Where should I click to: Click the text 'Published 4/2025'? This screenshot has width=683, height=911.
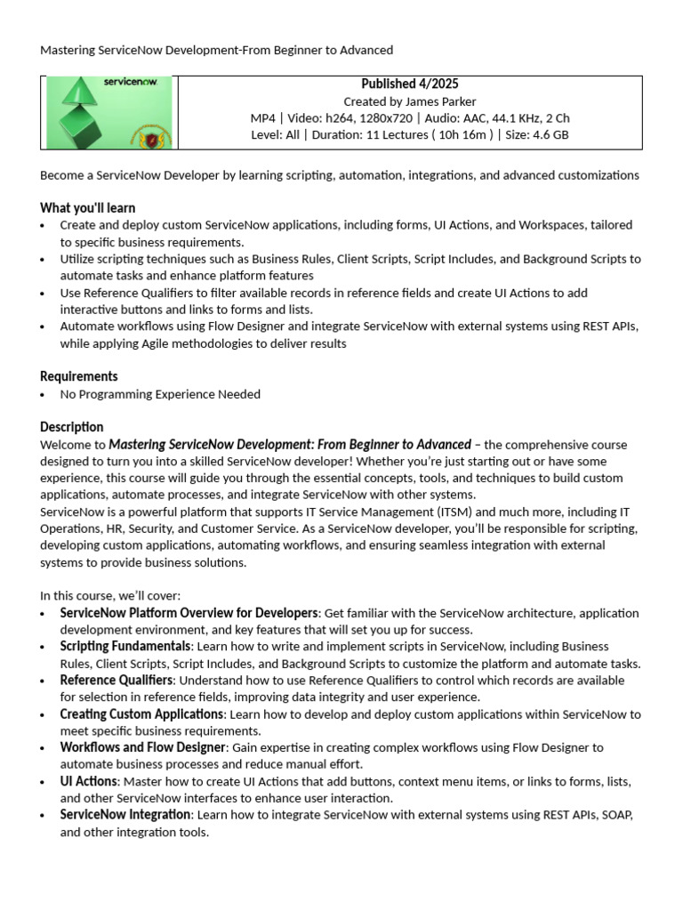[x=409, y=84]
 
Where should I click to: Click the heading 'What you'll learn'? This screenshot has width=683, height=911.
[x=87, y=208]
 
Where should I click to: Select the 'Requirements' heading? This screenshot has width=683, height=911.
[x=78, y=376]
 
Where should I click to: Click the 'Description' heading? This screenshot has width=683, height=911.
[x=71, y=427]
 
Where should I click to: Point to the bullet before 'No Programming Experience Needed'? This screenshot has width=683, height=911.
[x=44, y=394]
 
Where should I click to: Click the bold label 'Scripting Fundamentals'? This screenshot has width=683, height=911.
[x=125, y=646]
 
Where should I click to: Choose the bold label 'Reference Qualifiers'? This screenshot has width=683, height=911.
[x=116, y=680]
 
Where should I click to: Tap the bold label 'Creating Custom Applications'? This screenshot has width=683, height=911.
[x=141, y=713]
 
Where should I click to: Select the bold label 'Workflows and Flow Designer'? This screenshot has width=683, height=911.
[x=143, y=747]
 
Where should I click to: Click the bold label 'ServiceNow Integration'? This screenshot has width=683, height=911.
[x=125, y=815]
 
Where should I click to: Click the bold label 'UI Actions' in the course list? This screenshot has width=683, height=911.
[x=88, y=781]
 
